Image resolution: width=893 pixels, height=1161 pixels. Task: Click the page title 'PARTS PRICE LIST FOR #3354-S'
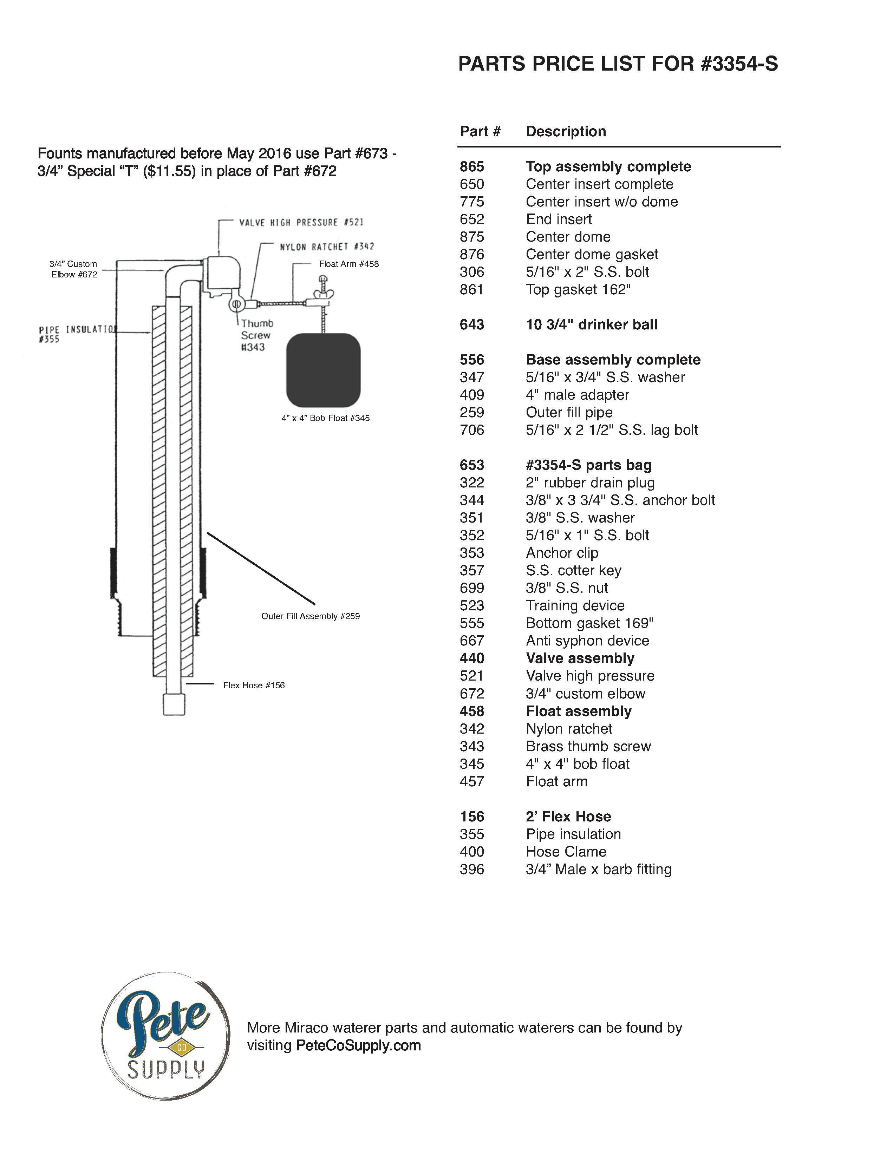point(618,64)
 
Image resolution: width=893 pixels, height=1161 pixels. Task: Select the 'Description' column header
point(566,131)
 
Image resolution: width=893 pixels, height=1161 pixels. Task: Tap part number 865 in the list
point(471,167)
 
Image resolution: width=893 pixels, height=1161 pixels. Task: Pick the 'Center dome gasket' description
point(592,255)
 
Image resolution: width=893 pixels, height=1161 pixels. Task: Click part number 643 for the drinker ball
point(471,324)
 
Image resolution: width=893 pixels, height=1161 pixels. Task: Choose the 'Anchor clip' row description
point(562,553)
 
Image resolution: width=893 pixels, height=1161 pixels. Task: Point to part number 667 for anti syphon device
point(471,641)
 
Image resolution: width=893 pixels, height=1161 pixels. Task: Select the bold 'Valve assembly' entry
point(580,658)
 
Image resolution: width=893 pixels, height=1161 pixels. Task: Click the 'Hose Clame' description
point(566,852)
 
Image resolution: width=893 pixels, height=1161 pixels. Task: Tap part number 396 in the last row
point(471,869)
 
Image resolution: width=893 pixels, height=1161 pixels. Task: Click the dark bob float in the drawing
point(323,370)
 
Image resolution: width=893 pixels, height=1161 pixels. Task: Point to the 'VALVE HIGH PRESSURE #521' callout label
point(301,223)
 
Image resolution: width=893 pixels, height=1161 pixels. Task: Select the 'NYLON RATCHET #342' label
point(327,247)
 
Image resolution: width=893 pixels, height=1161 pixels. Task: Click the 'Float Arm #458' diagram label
point(349,264)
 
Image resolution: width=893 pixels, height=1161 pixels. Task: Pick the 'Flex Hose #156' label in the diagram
point(254,686)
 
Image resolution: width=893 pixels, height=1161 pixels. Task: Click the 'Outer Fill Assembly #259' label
point(311,616)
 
